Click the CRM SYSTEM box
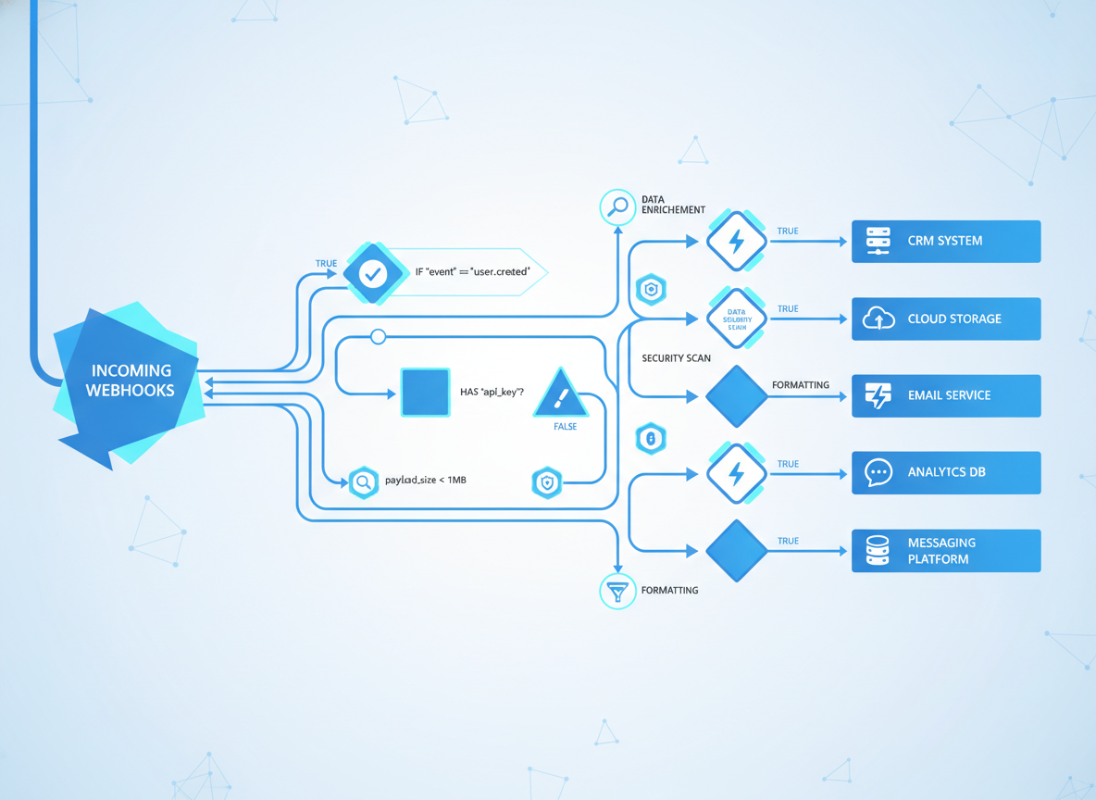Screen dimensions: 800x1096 tap(945, 241)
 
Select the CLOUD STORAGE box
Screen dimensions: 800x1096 tap(945, 319)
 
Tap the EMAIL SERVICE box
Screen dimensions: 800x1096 tap(945, 395)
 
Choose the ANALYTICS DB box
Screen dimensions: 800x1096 tap(945, 472)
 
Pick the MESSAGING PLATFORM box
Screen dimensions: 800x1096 tap(945, 551)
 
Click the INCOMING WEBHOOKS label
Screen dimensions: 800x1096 tap(131, 381)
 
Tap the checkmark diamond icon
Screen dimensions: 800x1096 tap(373, 273)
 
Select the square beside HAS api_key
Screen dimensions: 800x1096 tap(426, 392)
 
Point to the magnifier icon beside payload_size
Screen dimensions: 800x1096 tap(364, 482)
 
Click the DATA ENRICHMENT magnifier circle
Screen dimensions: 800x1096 tap(617, 207)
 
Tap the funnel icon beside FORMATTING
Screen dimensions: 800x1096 tap(617, 591)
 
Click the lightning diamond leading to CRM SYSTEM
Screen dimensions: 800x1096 tap(737, 242)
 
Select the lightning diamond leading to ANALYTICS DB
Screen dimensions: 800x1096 tap(737, 473)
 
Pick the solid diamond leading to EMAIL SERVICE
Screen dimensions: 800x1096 tap(737, 396)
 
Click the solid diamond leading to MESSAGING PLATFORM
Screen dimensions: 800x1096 tap(737, 551)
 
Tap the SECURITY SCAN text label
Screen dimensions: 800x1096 tap(676, 357)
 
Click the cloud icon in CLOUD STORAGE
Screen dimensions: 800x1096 tap(878, 319)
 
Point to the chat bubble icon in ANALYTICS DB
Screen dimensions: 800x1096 tap(878, 472)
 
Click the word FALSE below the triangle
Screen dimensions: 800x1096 tap(565, 427)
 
